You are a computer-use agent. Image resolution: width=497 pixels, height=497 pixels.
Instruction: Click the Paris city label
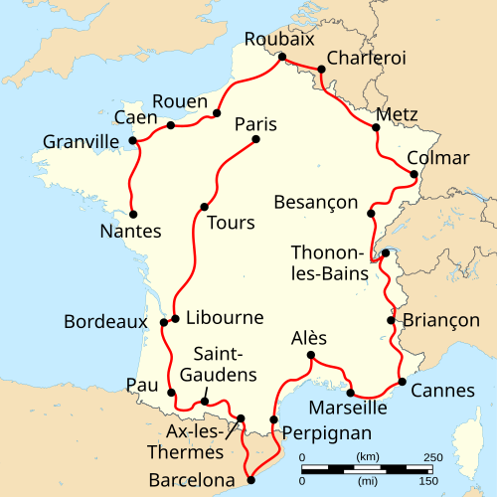click(x=255, y=124)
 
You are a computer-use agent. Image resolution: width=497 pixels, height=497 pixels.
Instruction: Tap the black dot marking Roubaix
click(x=282, y=57)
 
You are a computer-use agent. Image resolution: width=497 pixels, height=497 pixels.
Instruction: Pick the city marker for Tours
click(x=204, y=207)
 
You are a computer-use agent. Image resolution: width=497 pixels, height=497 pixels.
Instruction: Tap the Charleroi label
click(x=366, y=59)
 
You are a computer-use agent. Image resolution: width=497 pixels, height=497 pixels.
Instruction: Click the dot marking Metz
click(x=377, y=127)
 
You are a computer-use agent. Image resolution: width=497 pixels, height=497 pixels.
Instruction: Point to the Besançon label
click(x=316, y=203)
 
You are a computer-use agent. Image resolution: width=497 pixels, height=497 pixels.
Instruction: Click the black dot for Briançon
click(x=390, y=320)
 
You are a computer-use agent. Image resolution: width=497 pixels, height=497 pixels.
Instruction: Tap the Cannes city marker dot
click(x=402, y=382)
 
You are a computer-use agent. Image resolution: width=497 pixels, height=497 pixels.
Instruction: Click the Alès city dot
click(x=311, y=356)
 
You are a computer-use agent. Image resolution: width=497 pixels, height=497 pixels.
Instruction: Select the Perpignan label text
click(x=326, y=432)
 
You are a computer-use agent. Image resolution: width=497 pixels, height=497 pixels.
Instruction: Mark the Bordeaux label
click(x=104, y=322)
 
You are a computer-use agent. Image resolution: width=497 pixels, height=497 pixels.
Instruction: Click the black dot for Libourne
click(x=175, y=319)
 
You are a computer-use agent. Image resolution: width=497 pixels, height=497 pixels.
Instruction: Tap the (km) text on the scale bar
click(x=367, y=456)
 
